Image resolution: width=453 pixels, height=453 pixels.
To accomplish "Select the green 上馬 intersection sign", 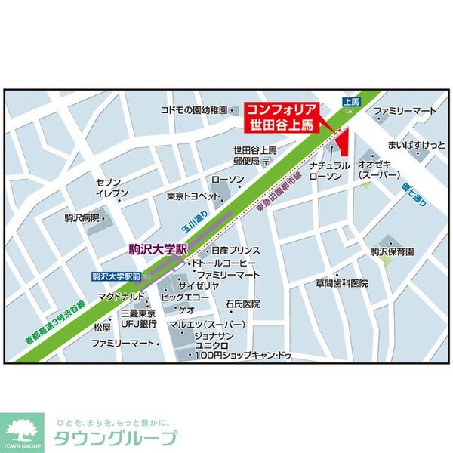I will tap(350, 100).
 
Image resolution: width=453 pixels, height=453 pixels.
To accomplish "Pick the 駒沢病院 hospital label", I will tap(82, 217).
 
